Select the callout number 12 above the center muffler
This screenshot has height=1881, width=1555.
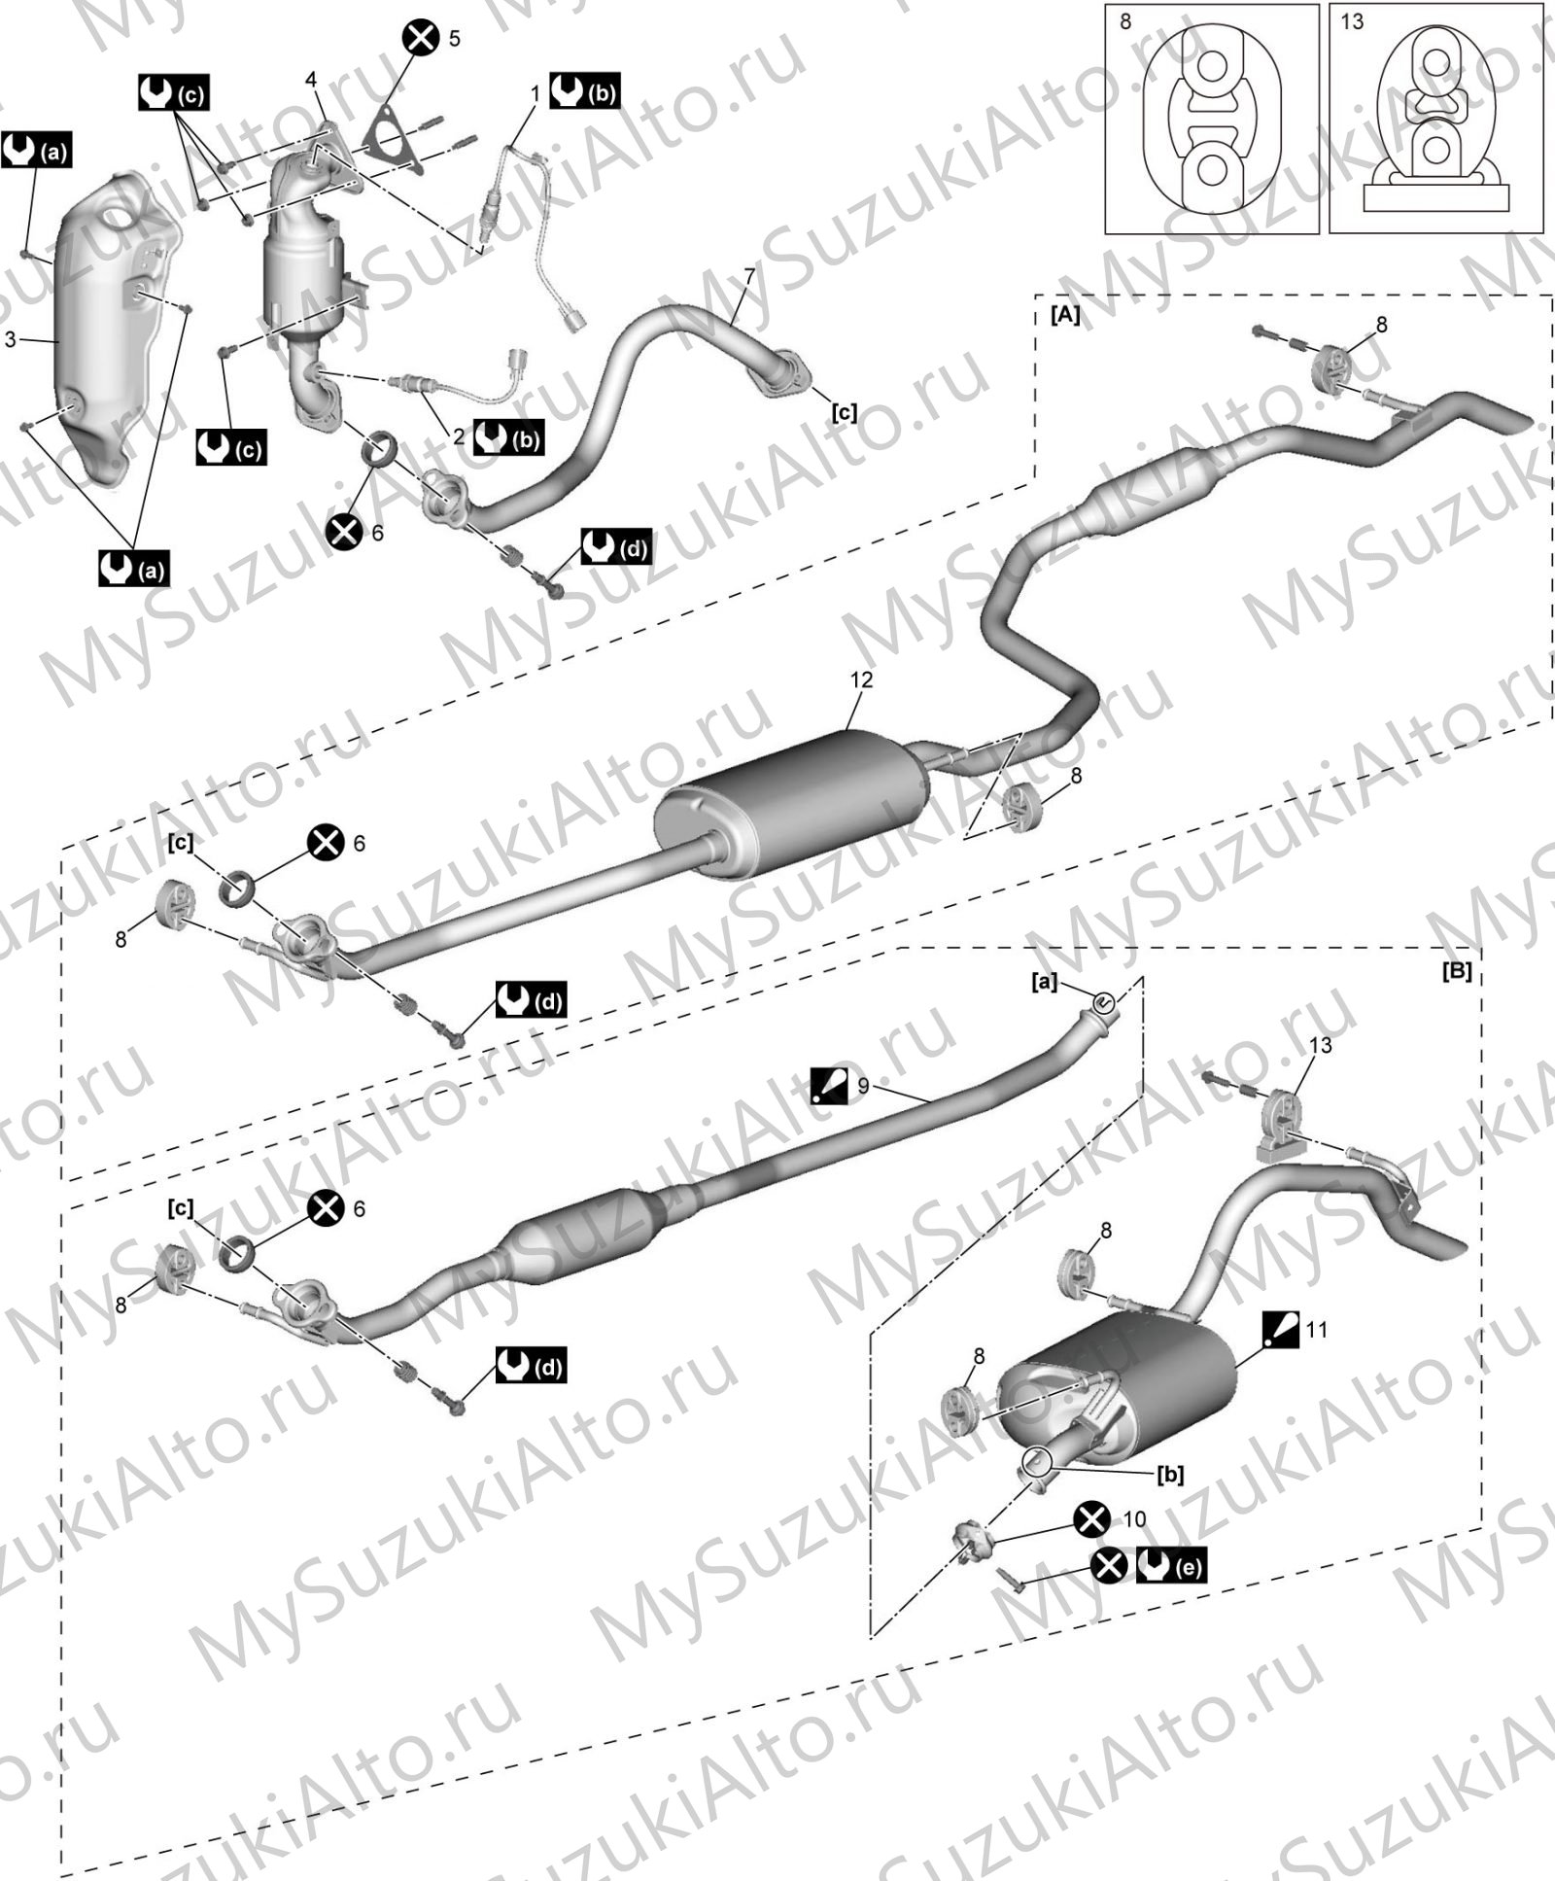(x=861, y=679)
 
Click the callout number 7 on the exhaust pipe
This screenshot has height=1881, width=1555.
(x=749, y=277)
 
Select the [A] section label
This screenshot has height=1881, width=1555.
(x=1065, y=315)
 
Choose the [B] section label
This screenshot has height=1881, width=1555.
(x=1457, y=971)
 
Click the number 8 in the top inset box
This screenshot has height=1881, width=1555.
(x=1125, y=21)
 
